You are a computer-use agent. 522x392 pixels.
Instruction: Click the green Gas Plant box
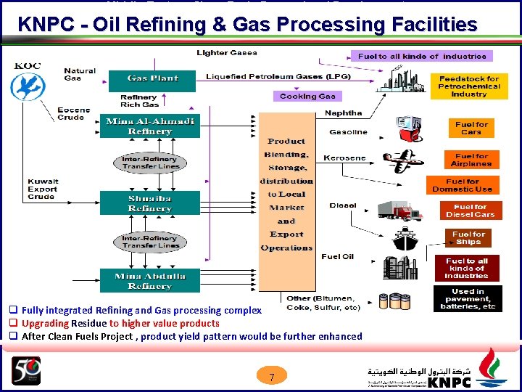coord(152,78)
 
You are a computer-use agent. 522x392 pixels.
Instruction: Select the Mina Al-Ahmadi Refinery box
coord(149,126)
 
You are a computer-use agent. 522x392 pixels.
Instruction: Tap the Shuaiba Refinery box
coord(149,203)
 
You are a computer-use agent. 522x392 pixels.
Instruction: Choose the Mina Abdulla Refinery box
coord(149,281)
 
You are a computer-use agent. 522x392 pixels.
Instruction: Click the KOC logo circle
coord(28,86)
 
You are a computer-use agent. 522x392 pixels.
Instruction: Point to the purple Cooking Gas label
coord(307,96)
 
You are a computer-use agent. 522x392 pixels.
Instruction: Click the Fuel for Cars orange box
coord(471,128)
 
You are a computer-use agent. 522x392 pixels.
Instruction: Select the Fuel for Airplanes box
coord(472,160)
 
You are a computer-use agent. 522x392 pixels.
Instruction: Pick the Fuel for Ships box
coord(468,238)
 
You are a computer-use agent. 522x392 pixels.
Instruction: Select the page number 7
coord(271,377)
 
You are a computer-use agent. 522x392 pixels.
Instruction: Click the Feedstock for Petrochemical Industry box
coord(468,86)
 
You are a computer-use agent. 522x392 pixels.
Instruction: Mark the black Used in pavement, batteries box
coord(468,298)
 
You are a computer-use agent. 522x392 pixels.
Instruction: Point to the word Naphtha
coord(343,113)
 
